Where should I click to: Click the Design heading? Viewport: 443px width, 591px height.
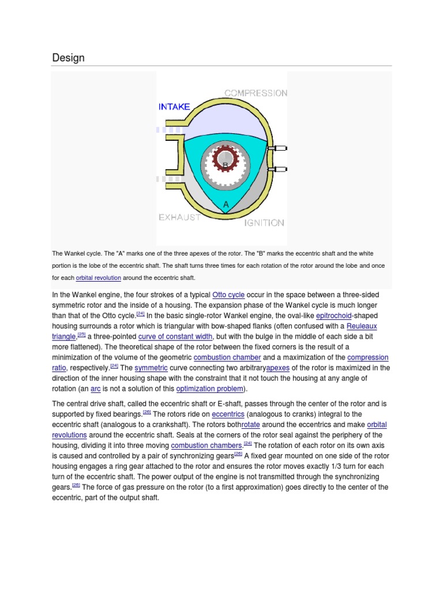click(x=68, y=58)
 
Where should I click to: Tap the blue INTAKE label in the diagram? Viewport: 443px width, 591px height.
click(x=174, y=106)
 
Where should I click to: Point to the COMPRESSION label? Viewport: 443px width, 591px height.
click(x=256, y=93)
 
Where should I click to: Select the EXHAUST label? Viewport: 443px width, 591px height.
click(x=179, y=218)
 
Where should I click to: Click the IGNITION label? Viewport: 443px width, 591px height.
click(x=264, y=222)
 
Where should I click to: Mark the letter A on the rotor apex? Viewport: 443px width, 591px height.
click(x=226, y=204)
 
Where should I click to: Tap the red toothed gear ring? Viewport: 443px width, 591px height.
click(x=215, y=159)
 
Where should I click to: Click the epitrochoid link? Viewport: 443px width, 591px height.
click(x=329, y=315)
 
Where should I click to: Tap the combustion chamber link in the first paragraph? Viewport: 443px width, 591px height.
click(x=228, y=357)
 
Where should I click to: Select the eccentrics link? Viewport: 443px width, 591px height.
click(x=228, y=414)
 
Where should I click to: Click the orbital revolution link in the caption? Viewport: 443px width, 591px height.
click(x=98, y=278)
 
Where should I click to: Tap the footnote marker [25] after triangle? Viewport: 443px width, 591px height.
click(x=81, y=334)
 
